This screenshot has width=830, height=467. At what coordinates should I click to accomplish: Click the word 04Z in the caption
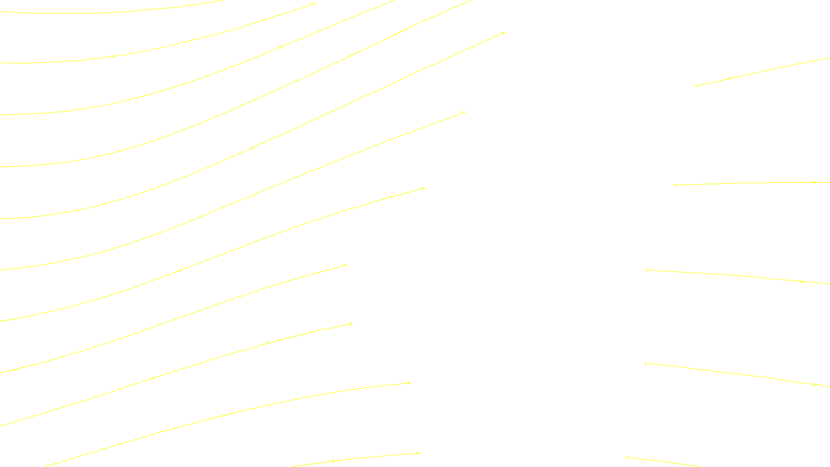(x=393, y=459)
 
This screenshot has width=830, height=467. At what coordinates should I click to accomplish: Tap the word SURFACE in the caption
(x=415, y=459)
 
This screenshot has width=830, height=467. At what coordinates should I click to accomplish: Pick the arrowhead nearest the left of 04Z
(x=333, y=461)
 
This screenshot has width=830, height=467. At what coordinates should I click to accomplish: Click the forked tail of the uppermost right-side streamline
(x=696, y=86)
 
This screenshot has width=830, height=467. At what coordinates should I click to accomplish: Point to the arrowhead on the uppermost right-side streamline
(x=730, y=78)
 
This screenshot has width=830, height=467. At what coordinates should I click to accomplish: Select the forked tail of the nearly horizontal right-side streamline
(x=675, y=185)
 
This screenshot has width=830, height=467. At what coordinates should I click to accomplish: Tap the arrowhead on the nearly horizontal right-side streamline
(x=814, y=182)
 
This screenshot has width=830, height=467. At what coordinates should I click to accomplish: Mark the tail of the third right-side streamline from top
(x=646, y=270)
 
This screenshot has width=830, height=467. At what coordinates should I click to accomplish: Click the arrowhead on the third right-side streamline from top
(x=801, y=281)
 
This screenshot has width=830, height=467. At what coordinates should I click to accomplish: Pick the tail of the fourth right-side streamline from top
(x=645, y=363)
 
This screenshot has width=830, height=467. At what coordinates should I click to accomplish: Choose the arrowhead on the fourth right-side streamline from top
(x=815, y=384)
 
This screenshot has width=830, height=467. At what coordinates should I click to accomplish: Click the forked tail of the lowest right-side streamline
(x=627, y=457)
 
